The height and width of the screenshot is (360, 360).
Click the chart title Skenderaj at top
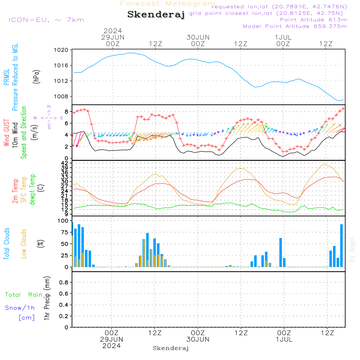(156, 14)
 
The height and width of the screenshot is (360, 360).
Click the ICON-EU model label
(46, 20)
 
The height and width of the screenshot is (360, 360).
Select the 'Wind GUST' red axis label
(6, 134)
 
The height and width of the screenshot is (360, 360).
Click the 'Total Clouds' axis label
(6, 244)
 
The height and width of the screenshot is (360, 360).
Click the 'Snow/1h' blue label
(20, 308)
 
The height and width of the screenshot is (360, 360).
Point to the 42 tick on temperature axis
(66, 163)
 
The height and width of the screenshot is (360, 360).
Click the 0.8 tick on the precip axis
(64, 283)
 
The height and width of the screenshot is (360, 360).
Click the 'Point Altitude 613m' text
(313, 20)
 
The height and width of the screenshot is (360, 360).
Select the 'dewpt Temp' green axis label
(32, 190)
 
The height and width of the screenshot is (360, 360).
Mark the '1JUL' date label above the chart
(283, 37)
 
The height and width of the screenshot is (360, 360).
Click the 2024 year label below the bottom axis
(112, 346)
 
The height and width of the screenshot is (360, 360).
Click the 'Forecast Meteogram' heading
(168, 4)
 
